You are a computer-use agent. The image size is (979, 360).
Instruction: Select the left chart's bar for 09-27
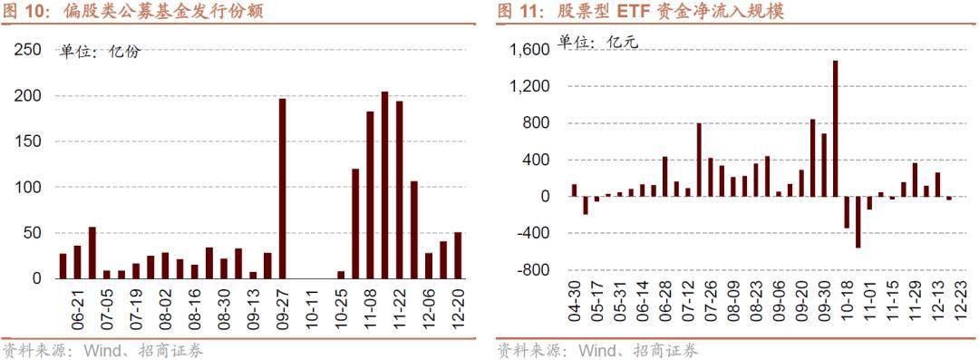click(282, 188)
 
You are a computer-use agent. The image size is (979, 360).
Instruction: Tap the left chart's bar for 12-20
click(458, 255)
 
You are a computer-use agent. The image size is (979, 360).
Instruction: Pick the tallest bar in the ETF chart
click(835, 128)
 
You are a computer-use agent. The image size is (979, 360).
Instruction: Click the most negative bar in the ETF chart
click(858, 221)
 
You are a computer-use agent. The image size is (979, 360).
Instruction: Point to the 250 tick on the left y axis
click(29, 50)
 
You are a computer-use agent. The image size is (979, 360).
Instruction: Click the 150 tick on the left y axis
click(29, 141)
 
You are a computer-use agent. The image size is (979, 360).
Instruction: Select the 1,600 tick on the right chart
click(531, 50)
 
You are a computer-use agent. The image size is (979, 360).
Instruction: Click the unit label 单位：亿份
click(100, 52)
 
